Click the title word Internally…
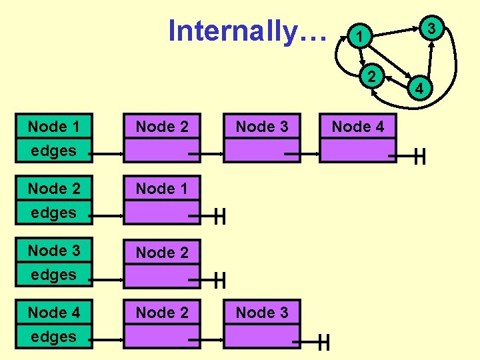[x=248, y=31]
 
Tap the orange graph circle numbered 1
[x=359, y=37]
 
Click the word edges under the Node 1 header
[x=53, y=151]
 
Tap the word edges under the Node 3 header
[x=53, y=275]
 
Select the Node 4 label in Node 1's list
[x=358, y=127]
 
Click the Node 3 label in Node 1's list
[x=262, y=127]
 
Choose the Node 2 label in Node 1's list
[x=162, y=127]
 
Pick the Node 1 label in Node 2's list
[x=162, y=189]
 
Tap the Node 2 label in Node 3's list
[x=162, y=252]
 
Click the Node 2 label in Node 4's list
[x=162, y=312]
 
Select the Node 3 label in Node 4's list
[x=262, y=312]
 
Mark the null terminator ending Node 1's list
[x=419, y=157]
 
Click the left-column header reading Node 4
[x=53, y=312]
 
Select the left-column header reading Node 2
[x=53, y=189]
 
